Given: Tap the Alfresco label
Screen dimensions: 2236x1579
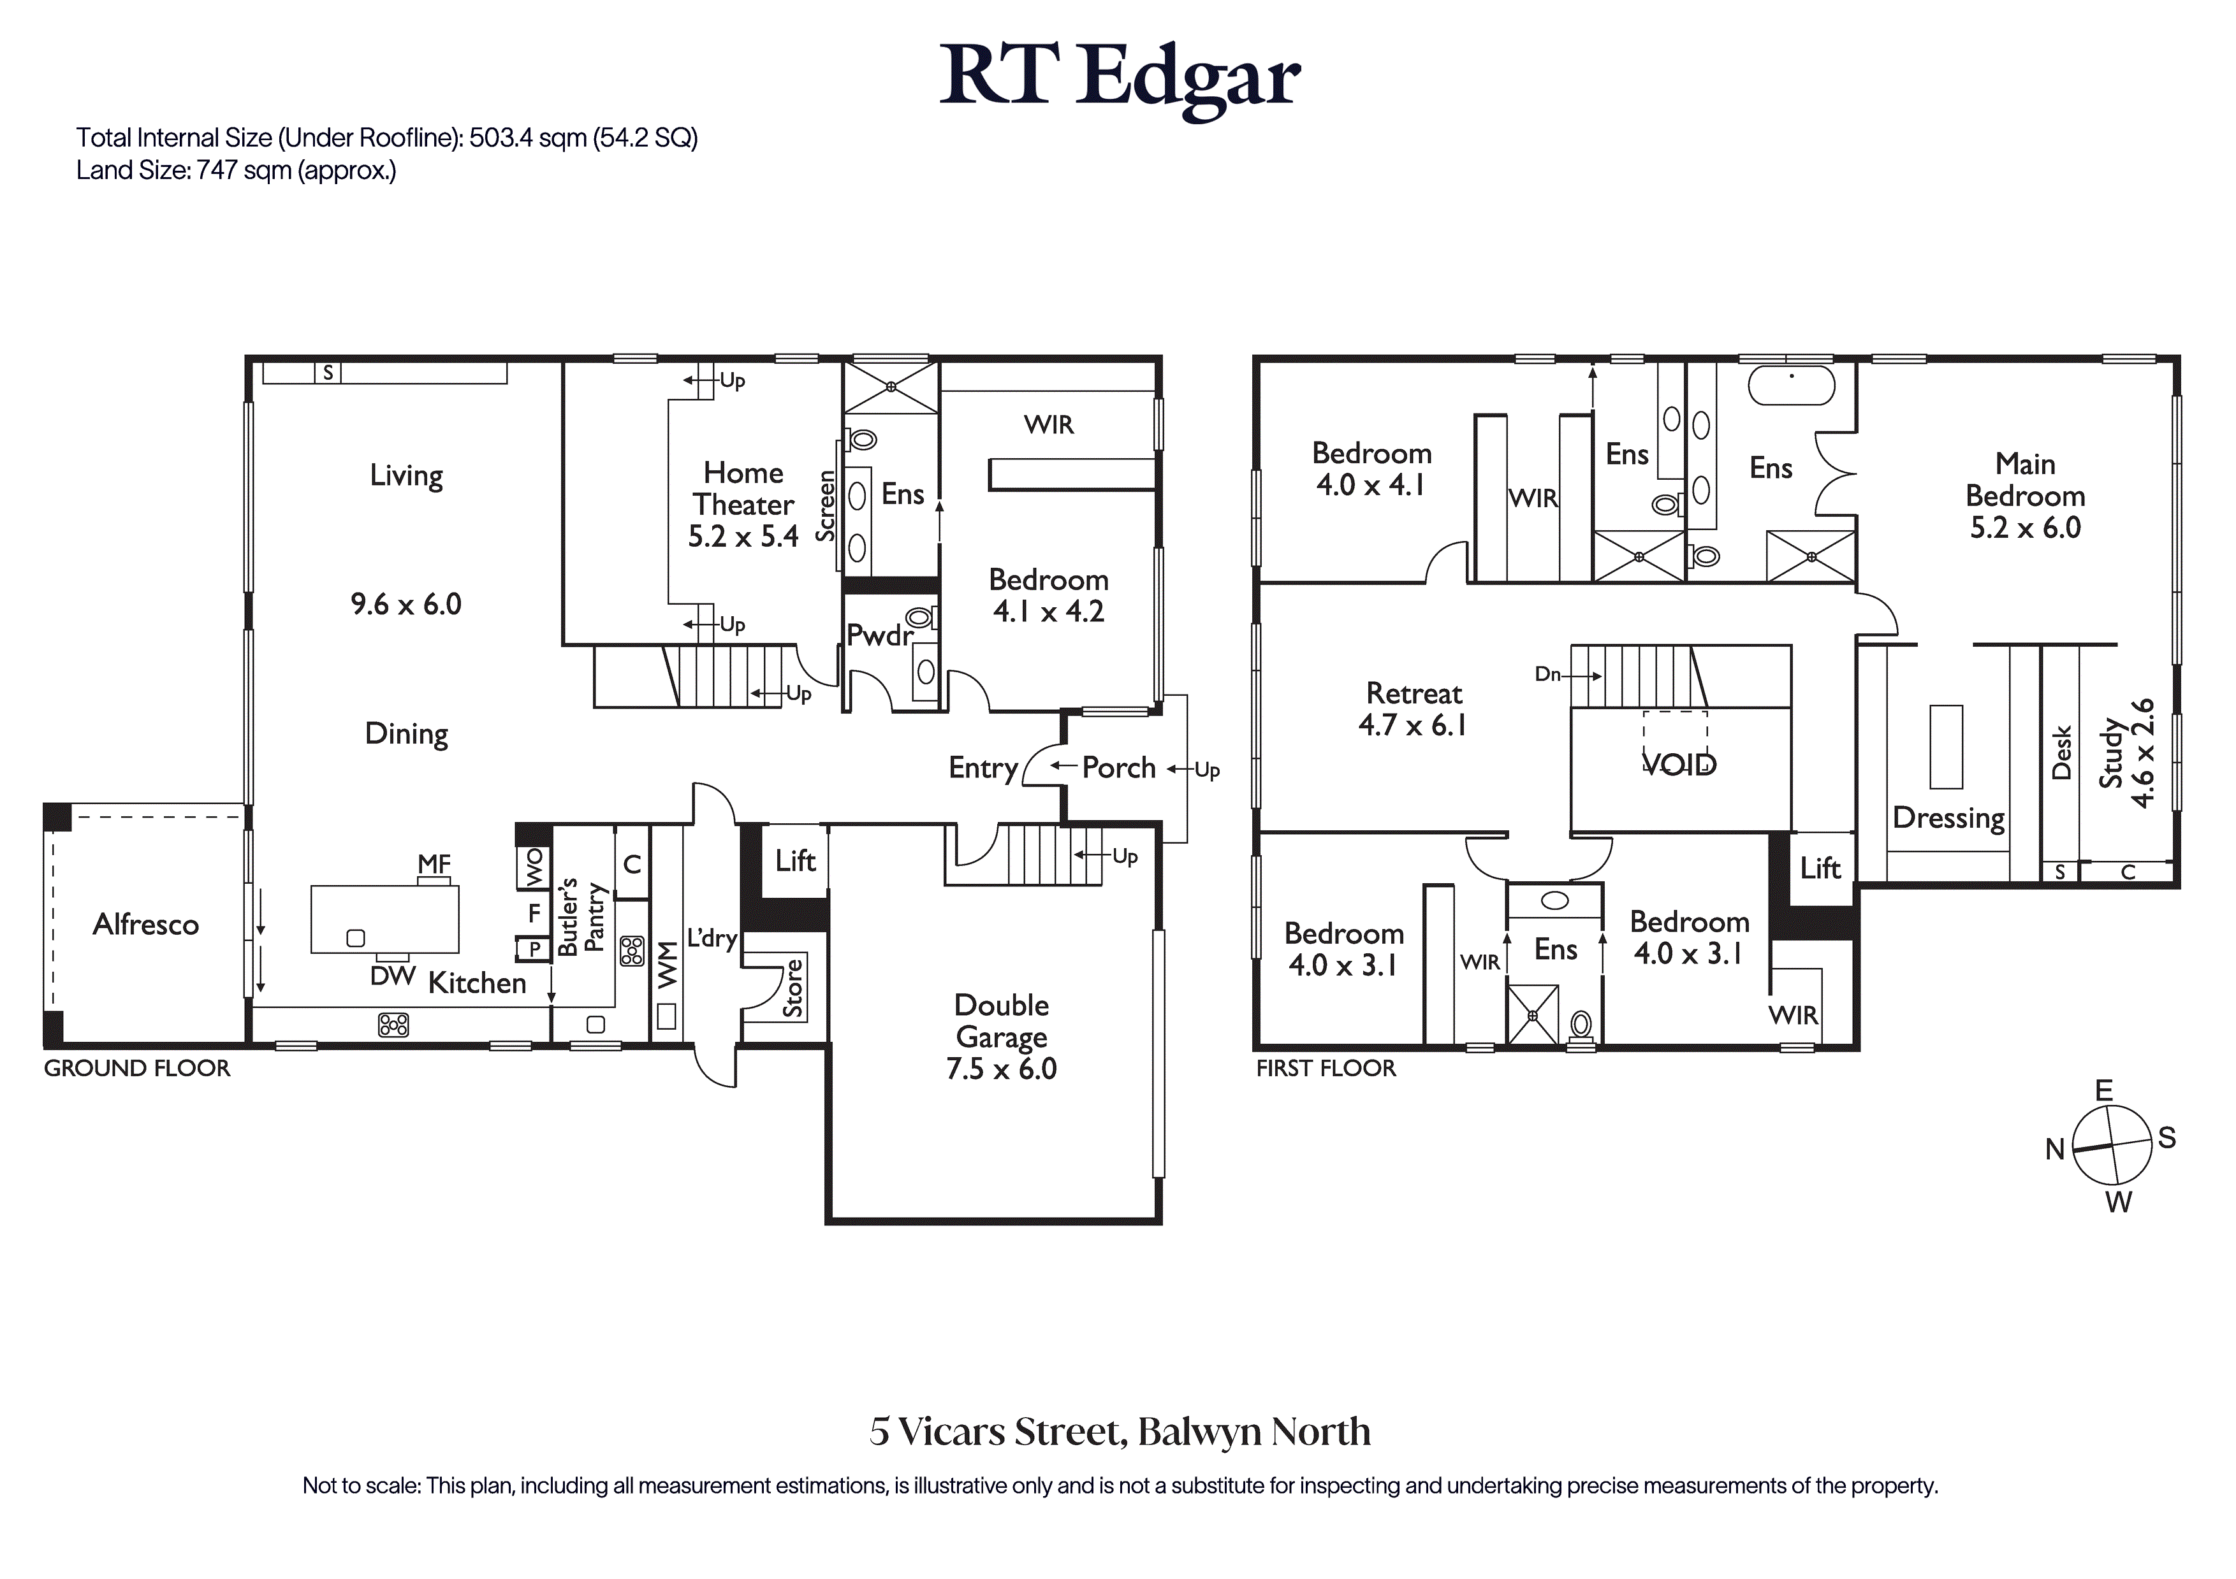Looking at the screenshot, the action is point(146,924).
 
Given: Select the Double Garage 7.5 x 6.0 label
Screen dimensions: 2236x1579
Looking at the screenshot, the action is point(1001,1037).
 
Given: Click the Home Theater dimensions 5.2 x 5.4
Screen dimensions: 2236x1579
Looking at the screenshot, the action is point(743,537).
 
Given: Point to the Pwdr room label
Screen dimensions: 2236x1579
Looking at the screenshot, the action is point(879,636).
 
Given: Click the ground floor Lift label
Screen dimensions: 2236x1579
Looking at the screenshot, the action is point(796,861).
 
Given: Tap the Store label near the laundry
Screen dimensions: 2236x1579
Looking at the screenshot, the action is point(794,988).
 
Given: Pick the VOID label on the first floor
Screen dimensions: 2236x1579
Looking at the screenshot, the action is point(1679,764).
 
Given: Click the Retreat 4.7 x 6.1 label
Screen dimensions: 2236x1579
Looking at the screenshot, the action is point(1414,709).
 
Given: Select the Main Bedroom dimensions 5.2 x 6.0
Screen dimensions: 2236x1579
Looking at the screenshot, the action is point(2026,528).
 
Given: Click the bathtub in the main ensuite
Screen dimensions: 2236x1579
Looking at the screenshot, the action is point(1792,386).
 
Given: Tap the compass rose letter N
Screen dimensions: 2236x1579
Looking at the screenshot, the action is point(2055,1150).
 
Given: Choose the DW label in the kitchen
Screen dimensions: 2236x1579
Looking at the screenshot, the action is point(393,976).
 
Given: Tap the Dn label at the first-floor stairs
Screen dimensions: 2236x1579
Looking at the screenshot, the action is point(1547,674).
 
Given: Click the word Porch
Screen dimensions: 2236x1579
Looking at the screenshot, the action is point(1119,768).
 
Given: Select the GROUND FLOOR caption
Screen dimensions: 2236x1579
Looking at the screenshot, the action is point(137,1068).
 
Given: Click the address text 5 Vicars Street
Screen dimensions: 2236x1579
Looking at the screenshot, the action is point(1000,1432).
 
